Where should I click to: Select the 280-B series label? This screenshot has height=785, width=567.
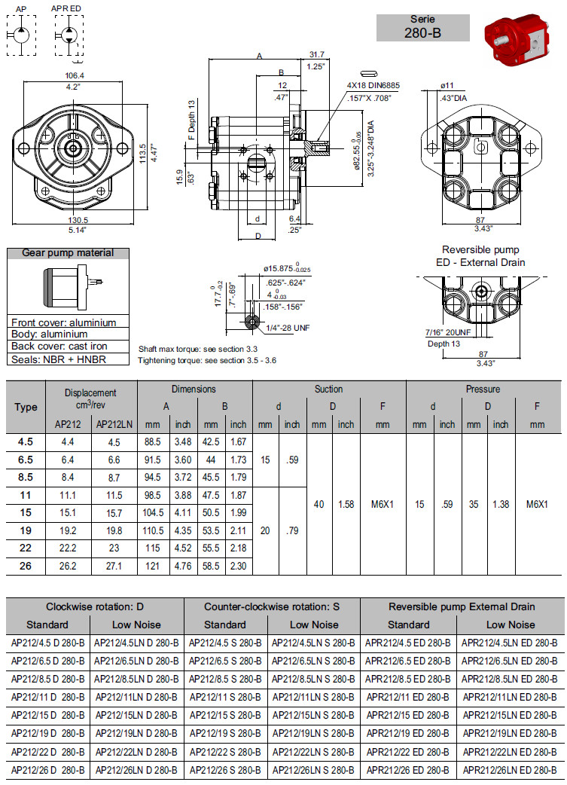(422, 28)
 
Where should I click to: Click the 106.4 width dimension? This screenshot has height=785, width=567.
(75, 75)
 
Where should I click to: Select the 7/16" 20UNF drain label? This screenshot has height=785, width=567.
(448, 332)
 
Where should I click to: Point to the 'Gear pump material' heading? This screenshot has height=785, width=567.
(68, 253)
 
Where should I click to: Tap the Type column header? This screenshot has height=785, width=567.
(26, 408)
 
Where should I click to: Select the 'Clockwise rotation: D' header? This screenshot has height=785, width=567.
(94, 606)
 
